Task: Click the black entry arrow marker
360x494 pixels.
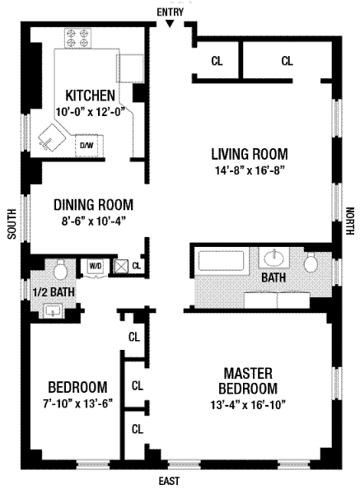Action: click(170, 24)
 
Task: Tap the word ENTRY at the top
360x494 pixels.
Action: click(171, 12)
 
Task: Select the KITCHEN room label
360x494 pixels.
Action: click(90, 96)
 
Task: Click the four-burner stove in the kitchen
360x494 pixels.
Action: click(78, 38)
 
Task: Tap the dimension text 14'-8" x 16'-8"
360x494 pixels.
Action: click(250, 170)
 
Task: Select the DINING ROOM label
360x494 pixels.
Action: click(93, 205)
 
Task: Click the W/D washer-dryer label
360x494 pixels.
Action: click(96, 266)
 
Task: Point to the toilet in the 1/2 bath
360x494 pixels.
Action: click(60, 269)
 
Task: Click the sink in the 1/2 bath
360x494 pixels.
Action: click(53, 310)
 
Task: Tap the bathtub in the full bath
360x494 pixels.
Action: click(222, 260)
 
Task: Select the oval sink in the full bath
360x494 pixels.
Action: click(274, 258)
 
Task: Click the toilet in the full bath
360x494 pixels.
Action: click(311, 262)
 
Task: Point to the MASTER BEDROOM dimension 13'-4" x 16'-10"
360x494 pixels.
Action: click(248, 404)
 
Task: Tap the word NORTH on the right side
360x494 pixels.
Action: click(350, 221)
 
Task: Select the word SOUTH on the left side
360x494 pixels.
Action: click(12, 224)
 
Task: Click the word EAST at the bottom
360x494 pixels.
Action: click(169, 481)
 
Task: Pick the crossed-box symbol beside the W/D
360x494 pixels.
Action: click(121, 266)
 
